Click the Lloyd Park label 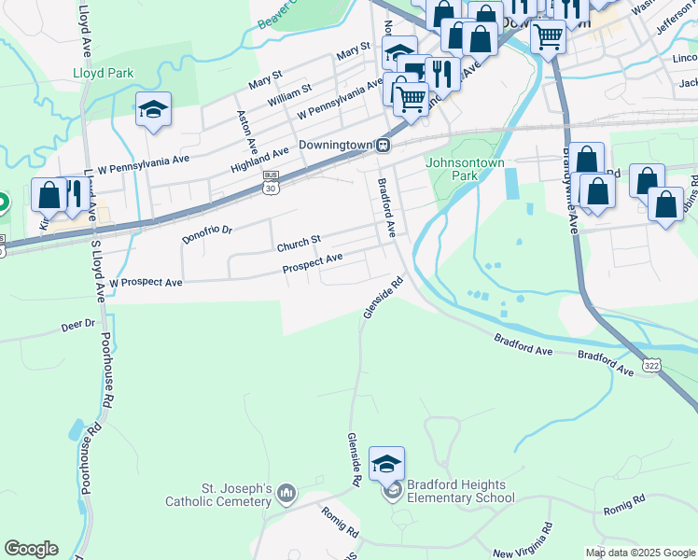pos(104,73)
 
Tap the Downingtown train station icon pos(383,146)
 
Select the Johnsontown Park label pos(465,168)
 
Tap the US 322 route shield pos(652,369)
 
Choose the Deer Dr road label pos(78,325)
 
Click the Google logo pos(31,549)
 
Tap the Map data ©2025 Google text pos(639,553)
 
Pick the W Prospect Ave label pos(146,281)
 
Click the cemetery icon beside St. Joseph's pos(286,491)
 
